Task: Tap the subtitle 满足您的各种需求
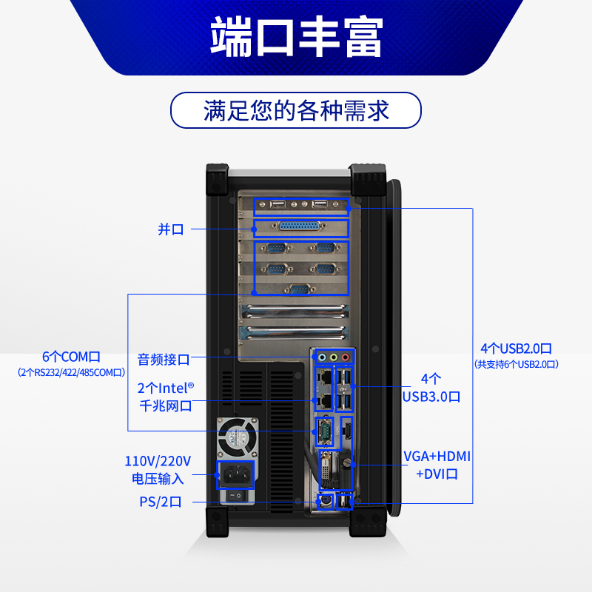coord(296,111)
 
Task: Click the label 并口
coord(171,229)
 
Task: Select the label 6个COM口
coord(71,356)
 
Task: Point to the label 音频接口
coord(164,360)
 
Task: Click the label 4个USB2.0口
coord(516,348)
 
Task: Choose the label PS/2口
coord(160,502)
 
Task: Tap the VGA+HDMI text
coord(437,456)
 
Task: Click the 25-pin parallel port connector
coord(300,227)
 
